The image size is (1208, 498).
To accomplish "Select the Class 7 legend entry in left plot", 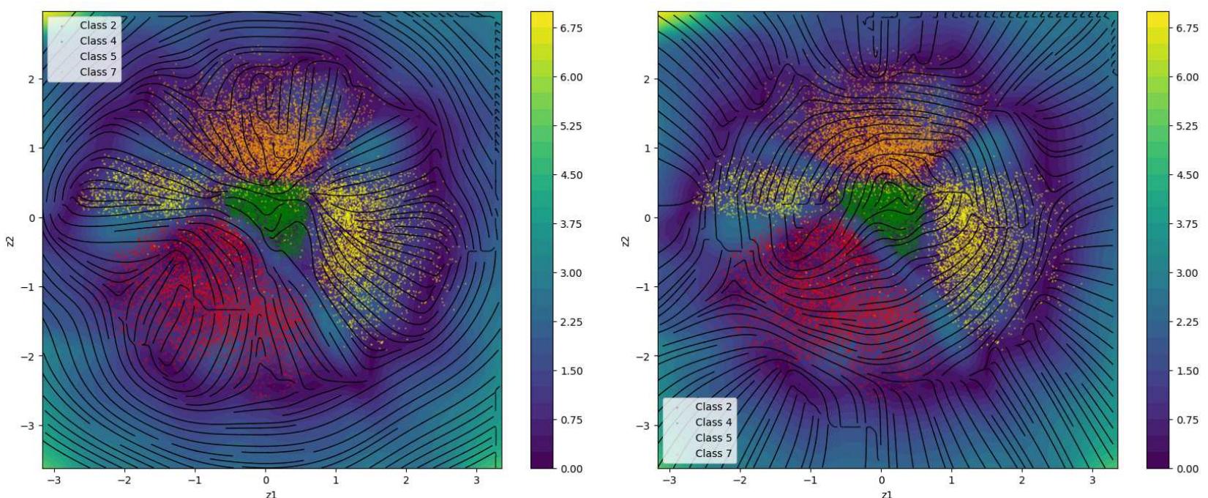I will click(x=98, y=72).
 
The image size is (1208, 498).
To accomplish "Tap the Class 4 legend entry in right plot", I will click(x=713, y=422).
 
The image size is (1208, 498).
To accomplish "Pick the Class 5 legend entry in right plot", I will click(x=713, y=437).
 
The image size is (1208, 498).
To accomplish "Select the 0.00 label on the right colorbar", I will click(x=1186, y=469).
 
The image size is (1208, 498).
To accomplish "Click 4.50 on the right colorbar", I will click(x=1186, y=175).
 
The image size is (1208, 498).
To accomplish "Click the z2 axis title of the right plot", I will click(x=626, y=241).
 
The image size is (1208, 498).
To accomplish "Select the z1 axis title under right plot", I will click(x=887, y=494).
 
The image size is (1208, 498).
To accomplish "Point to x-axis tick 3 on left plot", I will click(x=476, y=480).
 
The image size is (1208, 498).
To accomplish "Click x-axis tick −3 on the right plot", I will click(x=669, y=480).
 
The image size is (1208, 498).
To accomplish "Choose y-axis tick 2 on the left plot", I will click(x=31, y=79).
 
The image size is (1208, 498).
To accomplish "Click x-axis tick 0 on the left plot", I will click(x=266, y=480).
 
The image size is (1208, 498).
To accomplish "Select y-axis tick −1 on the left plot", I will click(x=29, y=287).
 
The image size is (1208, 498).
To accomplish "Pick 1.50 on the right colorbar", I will click(x=1186, y=371).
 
